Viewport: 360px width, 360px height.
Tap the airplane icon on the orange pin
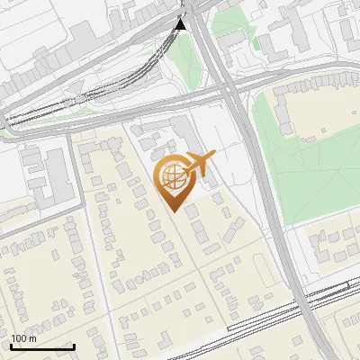point(201,163)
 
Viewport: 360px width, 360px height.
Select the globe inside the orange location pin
point(172,176)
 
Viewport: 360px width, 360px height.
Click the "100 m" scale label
point(24,338)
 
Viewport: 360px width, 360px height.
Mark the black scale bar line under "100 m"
point(42,346)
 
